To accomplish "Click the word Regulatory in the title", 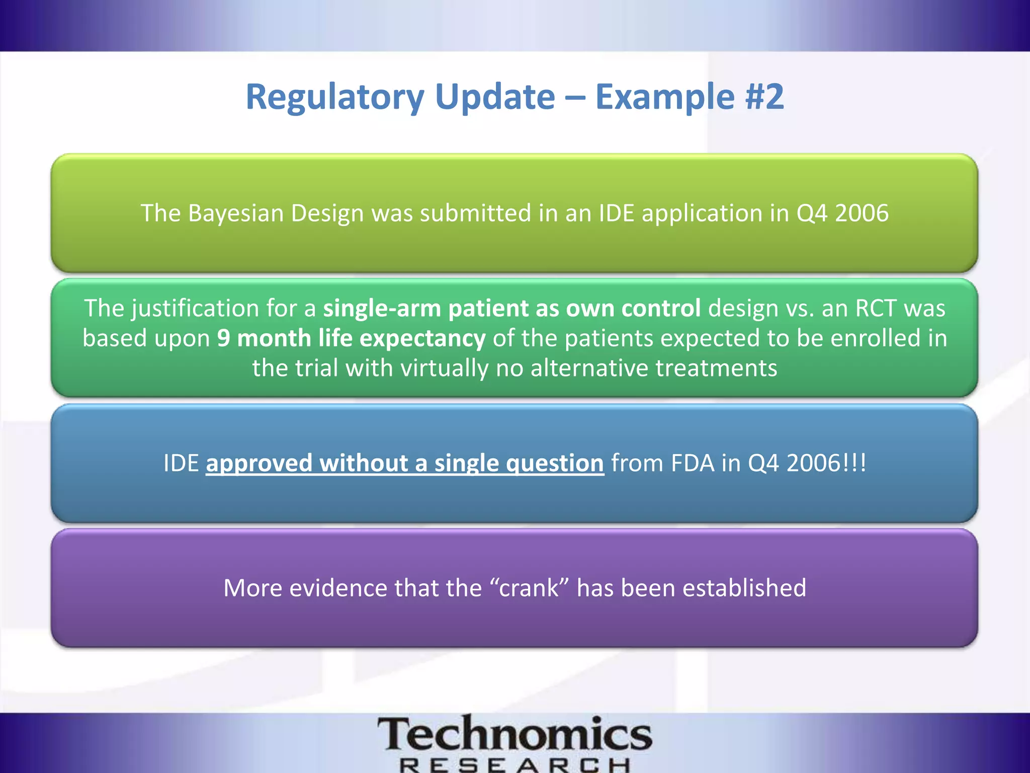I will (x=335, y=97).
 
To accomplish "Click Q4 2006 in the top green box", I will (x=842, y=213).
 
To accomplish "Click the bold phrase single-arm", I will (x=382, y=308).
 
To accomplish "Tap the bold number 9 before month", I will (x=223, y=338).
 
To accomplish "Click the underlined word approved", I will (x=259, y=463).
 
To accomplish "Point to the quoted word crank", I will (x=529, y=588).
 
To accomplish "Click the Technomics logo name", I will (x=514, y=735).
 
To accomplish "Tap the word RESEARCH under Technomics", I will (x=514, y=765).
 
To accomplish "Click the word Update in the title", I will (x=495, y=97).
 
